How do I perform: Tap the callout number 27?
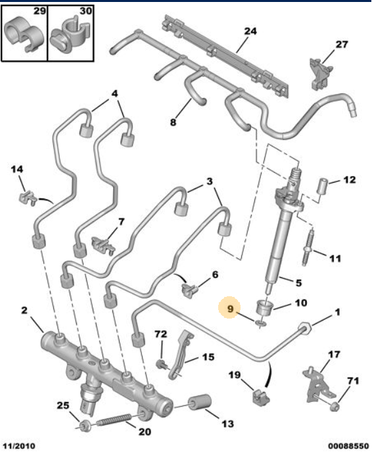click(340, 45)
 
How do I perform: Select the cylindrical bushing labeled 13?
click(198, 403)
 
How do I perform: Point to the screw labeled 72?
click(160, 362)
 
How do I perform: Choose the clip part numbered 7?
click(103, 244)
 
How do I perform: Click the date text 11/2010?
click(18, 447)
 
